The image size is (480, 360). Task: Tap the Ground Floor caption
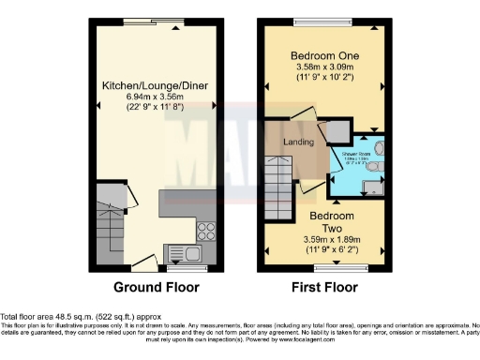[x=154, y=287]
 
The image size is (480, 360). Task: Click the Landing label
[x=298, y=142]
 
